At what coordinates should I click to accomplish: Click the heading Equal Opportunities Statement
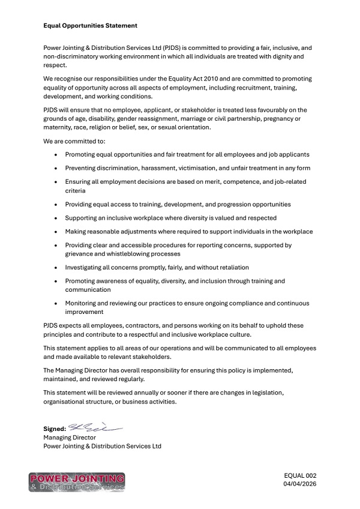[x=91, y=26]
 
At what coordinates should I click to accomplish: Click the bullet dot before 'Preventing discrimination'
[x=56, y=168]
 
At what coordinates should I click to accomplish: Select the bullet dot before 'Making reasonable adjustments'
[x=56, y=232]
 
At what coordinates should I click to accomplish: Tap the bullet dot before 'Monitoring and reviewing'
[x=56, y=303]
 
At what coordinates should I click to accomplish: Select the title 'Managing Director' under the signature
[x=70, y=438]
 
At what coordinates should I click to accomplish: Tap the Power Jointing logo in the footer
[x=76, y=482]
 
